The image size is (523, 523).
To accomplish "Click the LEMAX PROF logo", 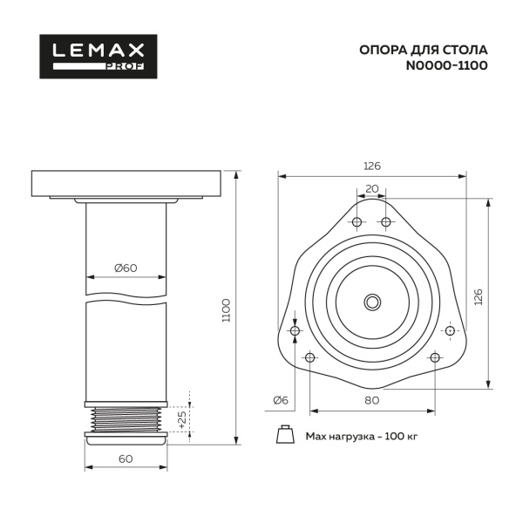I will coord(98,57).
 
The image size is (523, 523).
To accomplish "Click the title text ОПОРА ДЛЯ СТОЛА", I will coord(423,50).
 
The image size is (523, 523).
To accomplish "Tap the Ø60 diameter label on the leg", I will coord(126,268).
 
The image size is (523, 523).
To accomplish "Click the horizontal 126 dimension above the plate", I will coord(372,166).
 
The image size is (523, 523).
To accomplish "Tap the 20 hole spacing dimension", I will coord(372,188).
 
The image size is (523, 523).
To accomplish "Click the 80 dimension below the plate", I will coord(372,401).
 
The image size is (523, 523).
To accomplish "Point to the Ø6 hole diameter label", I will coord(280,400).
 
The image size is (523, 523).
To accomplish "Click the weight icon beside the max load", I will coord(284,435).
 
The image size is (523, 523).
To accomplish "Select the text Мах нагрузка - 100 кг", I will coord(361,436).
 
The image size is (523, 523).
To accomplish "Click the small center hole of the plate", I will coord(372,302).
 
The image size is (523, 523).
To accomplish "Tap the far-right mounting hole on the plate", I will coord(450,331).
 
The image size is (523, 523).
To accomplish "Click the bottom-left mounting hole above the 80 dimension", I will coord(310,357).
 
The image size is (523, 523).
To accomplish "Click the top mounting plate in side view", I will coord(126,184).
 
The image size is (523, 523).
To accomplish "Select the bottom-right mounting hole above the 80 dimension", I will coord(435,357).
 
